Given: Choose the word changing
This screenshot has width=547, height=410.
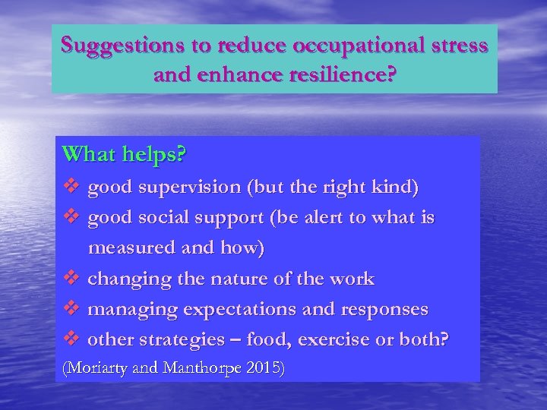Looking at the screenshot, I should (128, 279).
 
